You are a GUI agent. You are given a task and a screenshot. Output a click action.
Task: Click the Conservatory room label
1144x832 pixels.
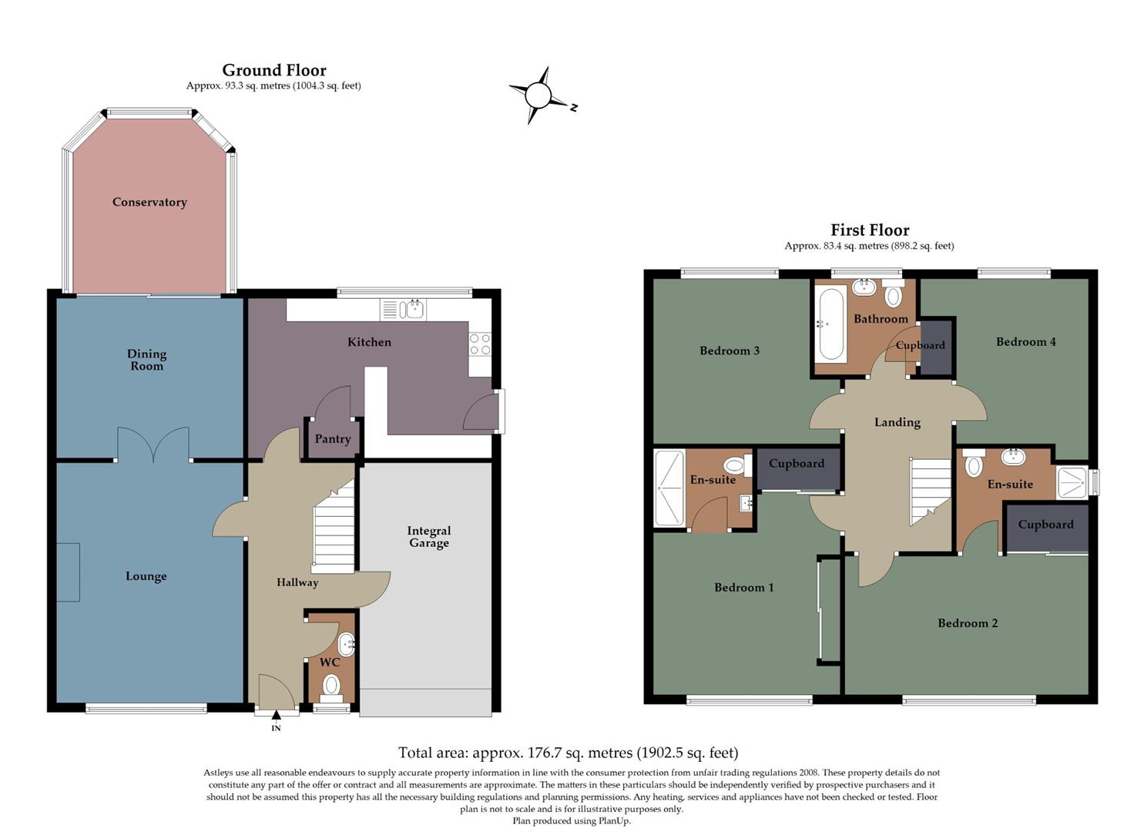click(x=149, y=203)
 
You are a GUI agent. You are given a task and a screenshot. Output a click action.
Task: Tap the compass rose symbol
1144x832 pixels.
click(x=539, y=96)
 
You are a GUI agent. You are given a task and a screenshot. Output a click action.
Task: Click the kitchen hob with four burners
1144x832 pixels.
click(x=480, y=344)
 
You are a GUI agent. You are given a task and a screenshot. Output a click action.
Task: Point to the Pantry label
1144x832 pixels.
click(x=333, y=439)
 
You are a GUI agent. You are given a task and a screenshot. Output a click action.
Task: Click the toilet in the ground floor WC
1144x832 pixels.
click(x=331, y=684)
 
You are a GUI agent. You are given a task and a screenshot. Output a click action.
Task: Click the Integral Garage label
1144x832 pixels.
click(x=429, y=537)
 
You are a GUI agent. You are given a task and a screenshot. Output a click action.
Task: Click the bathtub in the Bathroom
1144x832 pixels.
click(x=831, y=324)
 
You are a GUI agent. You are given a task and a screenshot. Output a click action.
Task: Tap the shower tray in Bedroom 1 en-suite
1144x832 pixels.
click(x=669, y=488)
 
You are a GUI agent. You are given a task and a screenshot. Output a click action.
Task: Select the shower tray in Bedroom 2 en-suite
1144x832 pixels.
click(x=1071, y=482)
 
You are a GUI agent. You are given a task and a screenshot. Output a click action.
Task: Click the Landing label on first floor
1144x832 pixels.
click(x=897, y=422)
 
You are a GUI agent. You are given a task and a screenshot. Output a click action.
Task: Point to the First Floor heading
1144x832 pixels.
click(x=870, y=230)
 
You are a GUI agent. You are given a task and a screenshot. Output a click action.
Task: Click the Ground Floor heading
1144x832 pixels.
click(x=274, y=70)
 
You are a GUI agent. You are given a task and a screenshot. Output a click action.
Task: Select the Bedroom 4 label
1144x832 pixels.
click(x=1026, y=342)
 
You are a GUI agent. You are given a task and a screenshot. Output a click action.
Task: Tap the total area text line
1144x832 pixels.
click(x=568, y=753)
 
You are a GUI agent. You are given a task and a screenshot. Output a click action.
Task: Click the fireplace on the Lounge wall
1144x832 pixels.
click(x=68, y=572)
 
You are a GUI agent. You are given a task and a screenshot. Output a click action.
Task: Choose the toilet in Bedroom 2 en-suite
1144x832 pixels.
click(x=974, y=465)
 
